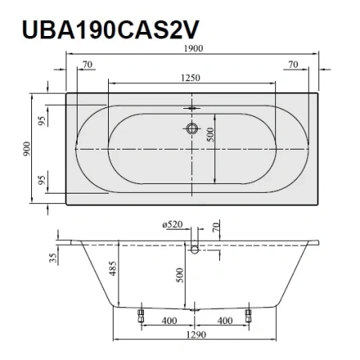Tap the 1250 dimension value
coord(190,78)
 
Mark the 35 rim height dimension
coord(50,258)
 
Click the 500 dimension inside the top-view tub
coord(212,136)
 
